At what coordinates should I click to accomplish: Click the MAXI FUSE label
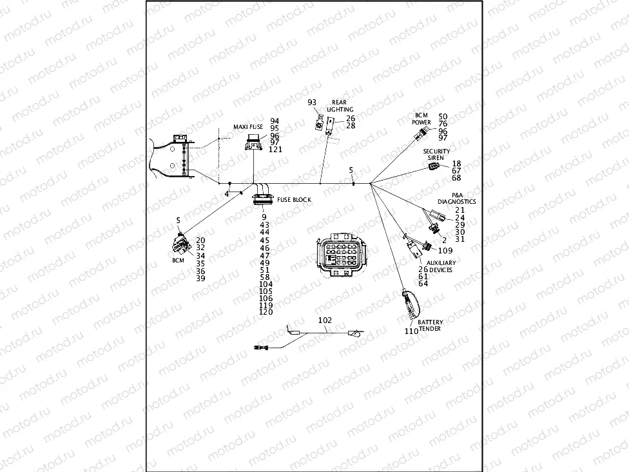coord(248,128)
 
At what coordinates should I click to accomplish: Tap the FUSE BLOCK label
coord(294,200)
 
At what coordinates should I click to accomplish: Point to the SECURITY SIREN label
coord(436,154)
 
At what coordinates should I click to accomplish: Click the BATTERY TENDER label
coord(430,325)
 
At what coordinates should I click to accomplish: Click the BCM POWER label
coord(421,118)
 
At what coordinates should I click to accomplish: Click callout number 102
coord(325,320)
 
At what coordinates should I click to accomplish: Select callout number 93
coord(312,103)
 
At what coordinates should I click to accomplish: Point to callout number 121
coord(276,150)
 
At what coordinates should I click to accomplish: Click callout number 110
coord(411,331)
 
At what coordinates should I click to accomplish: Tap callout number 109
coord(445,250)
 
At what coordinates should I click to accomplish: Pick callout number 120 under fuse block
coord(266,312)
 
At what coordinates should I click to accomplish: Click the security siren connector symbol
coord(434,167)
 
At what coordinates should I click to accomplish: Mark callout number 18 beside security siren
coord(456,164)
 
